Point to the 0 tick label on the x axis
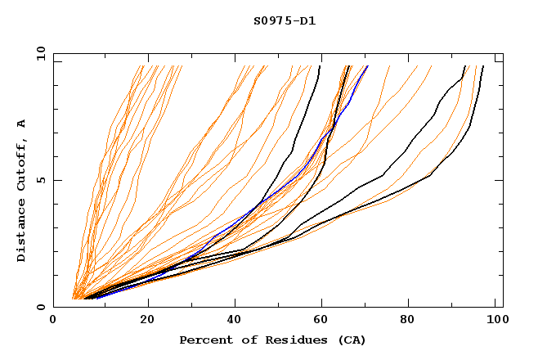[x=53, y=320]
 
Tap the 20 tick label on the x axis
[x=147, y=320]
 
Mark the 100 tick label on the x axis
[x=495, y=320]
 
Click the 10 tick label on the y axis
[x=41, y=53]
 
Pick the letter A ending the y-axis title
[x=22, y=123]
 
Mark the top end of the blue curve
[x=368, y=66]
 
